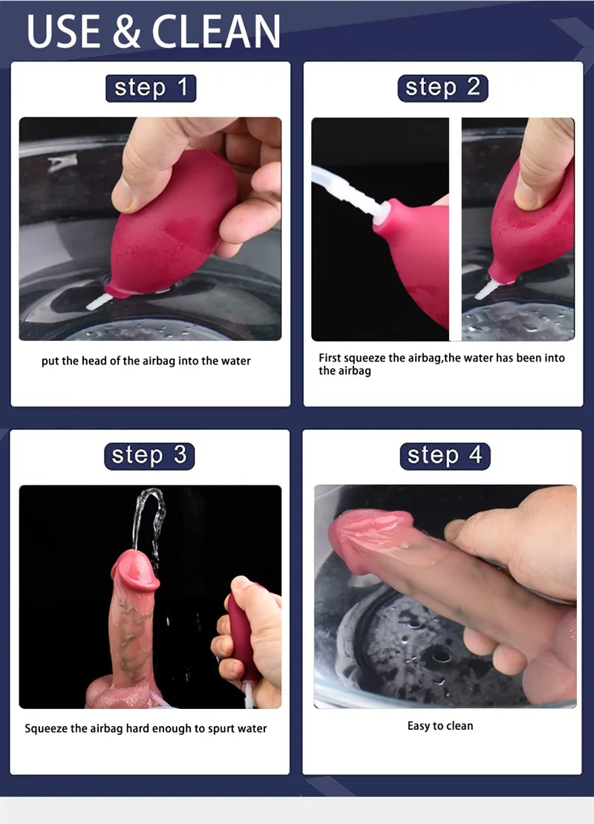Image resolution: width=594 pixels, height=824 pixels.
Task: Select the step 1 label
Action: pyautogui.click(x=150, y=88)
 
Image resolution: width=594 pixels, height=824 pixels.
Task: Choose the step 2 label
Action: pyautogui.click(x=443, y=88)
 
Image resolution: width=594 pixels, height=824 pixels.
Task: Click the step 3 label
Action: pyautogui.click(x=149, y=455)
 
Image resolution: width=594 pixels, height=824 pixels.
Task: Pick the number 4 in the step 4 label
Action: pyautogui.click(x=475, y=455)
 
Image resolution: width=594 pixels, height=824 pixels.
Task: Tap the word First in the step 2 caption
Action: pyautogui.click(x=330, y=358)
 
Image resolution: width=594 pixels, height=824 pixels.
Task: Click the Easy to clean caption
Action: pyautogui.click(x=440, y=726)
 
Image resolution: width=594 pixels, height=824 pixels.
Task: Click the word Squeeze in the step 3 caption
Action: pyautogui.click(x=46, y=728)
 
